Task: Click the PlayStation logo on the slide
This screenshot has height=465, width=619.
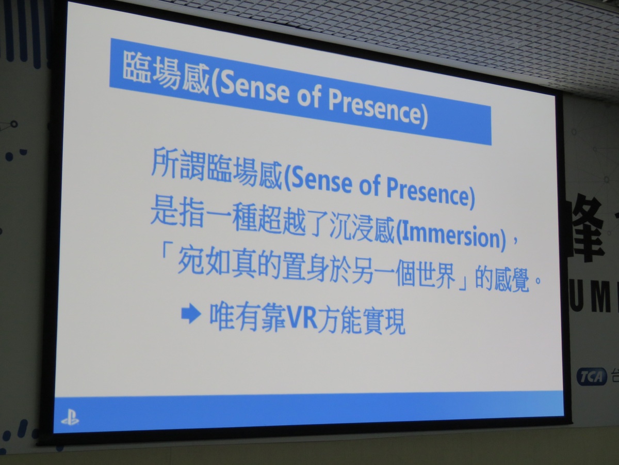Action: [70, 418]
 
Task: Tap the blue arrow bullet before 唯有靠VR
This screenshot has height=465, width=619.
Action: [191, 313]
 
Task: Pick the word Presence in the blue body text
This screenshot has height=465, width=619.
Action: [427, 192]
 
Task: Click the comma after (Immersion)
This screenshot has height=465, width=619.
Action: [515, 241]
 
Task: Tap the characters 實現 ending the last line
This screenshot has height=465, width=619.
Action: [384, 321]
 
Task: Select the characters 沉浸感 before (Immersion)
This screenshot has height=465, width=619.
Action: [363, 228]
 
